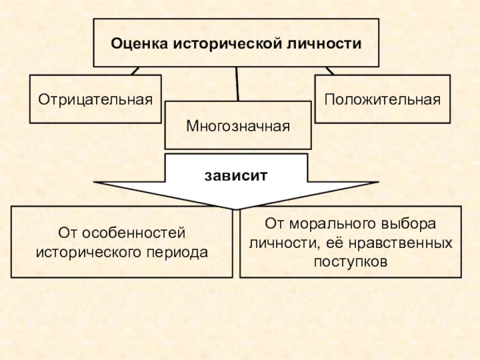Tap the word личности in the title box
pos(325,44)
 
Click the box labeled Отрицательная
pos(95,98)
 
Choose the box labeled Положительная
pos(382,98)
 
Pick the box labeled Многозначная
pos(238,125)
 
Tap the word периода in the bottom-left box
pos(178,252)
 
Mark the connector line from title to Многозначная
pos(238,83)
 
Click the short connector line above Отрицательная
pos(134,70)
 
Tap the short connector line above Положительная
pos(329,70)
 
